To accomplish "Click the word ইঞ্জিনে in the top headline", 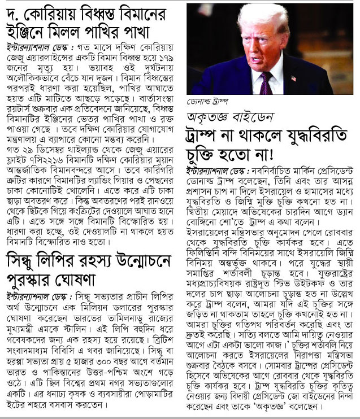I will click(x=25, y=29).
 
